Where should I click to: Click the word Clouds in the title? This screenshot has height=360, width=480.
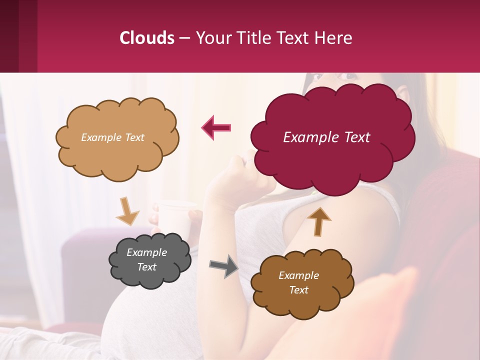[x=147, y=38]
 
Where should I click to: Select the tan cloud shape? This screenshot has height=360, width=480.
[x=117, y=150]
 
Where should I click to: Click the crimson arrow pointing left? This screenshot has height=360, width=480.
[x=216, y=127]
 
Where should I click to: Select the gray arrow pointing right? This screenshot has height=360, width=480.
[x=224, y=265]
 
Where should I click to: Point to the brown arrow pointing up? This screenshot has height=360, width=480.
[x=319, y=221]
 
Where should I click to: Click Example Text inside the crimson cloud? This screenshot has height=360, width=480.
[x=326, y=137]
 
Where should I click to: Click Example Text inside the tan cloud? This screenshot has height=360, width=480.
[x=112, y=137]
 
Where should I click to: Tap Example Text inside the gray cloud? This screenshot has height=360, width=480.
[x=147, y=259]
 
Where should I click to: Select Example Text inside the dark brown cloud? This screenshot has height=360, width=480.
[x=298, y=282]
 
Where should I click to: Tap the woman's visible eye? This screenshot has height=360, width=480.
[x=349, y=76]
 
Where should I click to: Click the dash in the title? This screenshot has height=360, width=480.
[x=184, y=38]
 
